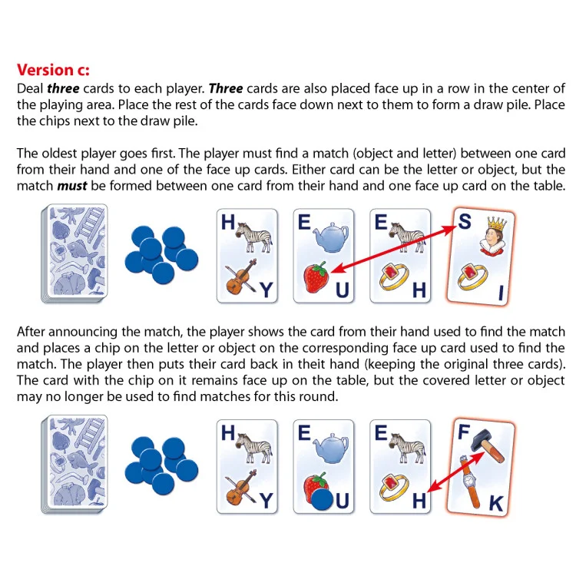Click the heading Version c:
(x=53, y=70)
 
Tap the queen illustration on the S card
(x=489, y=235)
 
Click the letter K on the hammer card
(x=496, y=504)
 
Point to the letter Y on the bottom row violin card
(x=266, y=502)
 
